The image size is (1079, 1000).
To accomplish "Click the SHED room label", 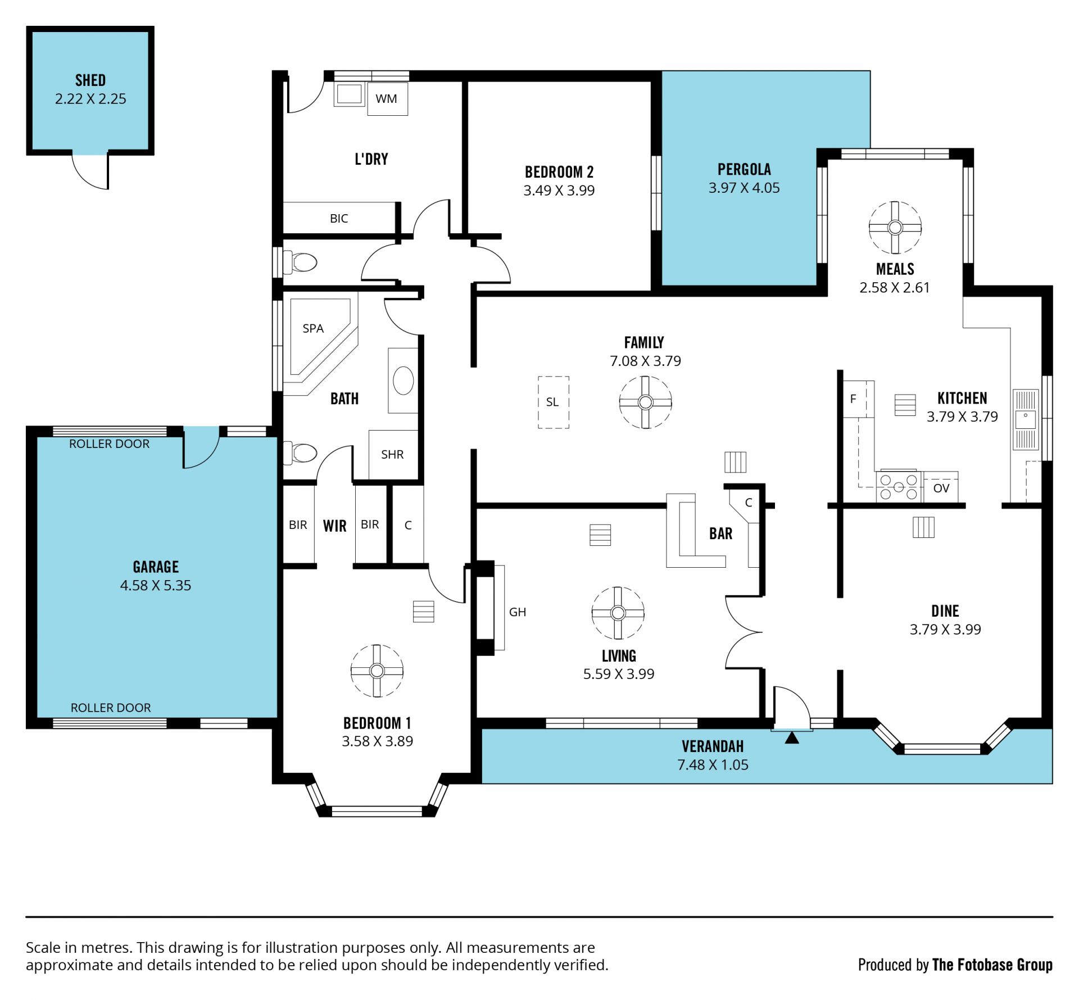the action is click(90, 80).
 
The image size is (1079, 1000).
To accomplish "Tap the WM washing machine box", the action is click(387, 99).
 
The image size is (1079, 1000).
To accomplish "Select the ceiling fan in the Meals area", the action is click(895, 228).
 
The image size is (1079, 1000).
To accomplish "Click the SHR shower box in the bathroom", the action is click(393, 454).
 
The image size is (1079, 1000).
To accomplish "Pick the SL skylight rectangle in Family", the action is click(554, 402).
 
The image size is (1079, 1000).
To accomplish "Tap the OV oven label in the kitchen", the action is click(941, 488).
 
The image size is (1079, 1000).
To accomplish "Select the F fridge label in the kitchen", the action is click(853, 399).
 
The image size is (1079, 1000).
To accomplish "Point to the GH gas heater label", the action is click(518, 612).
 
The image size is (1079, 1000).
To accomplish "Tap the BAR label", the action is click(720, 533).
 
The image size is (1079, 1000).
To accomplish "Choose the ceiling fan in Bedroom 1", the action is click(377, 671).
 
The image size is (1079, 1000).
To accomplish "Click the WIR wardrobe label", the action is click(334, 526).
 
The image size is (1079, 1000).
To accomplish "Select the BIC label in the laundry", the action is click(339, 219).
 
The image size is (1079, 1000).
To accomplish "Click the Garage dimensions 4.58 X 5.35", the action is click(156, 586).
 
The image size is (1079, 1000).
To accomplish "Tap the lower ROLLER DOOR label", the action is click(111, 708).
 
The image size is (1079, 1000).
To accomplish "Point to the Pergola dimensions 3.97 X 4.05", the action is click(744, 188).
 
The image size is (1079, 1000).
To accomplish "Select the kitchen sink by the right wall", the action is click(1026, 419).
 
